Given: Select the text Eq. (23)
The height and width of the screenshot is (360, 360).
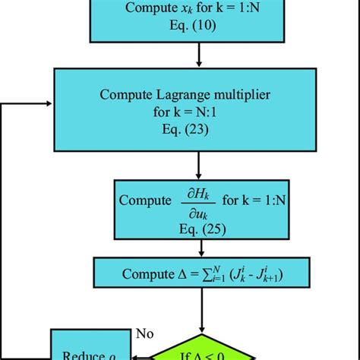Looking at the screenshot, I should [198, 129].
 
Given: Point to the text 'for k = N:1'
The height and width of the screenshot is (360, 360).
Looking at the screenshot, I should [198, 112].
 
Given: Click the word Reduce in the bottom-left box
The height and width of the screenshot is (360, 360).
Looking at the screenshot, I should [78, 353].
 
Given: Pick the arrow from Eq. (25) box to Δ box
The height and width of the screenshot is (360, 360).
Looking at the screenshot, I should [198, 251].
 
